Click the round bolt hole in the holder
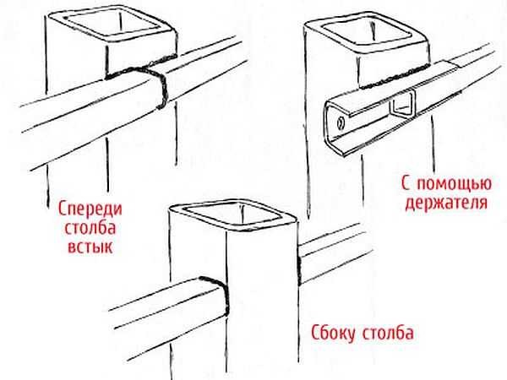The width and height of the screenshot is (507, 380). (x=342, y=124)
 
